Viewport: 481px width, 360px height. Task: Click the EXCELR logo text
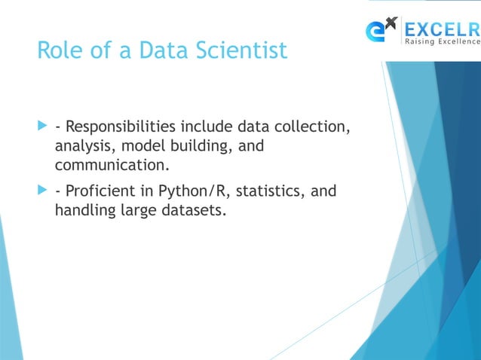point(441,29)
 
